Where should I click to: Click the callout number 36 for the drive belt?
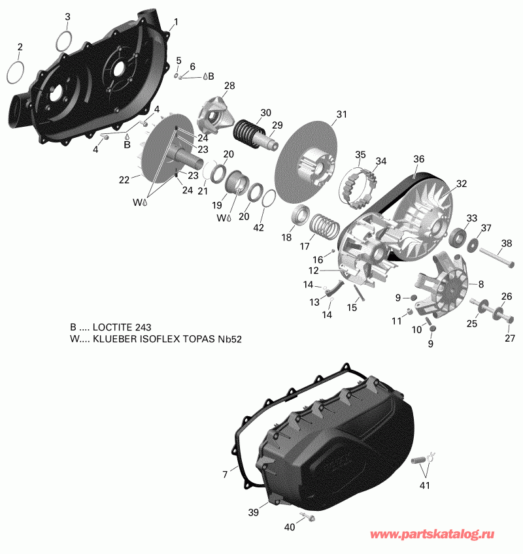(419, 159)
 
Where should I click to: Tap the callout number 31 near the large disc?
(341, 115)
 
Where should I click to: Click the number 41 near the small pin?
(426, 485)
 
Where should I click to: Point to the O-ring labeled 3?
(63, 41)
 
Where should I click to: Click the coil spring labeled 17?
(325, 226)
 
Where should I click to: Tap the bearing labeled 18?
(303, 215)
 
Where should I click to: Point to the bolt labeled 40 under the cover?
(307, 519)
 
